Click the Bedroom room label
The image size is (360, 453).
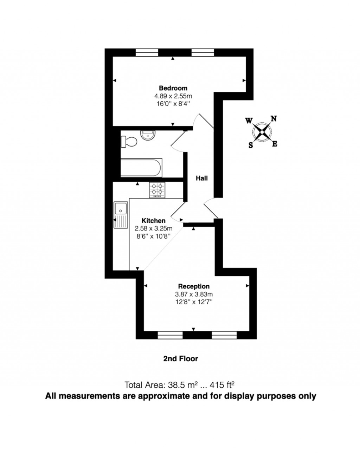click(173, 88)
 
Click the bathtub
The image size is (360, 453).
click(141, 168)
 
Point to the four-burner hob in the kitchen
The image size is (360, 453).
click(157, 190)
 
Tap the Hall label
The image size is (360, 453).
click(201, 178)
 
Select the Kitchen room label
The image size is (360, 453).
click(153, 221)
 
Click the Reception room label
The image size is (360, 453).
click(194, 286)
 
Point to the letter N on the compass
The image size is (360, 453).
click(274, 119)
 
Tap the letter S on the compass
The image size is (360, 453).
click(251, 145)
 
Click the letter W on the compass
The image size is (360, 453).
click(249, 121)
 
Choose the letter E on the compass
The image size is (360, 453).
click(275, 144)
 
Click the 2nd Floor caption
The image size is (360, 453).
click(180, 359)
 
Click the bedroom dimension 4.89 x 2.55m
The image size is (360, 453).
click(173, 96)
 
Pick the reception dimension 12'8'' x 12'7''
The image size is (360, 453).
click(194, 302)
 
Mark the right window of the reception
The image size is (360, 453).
click(224, 335)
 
